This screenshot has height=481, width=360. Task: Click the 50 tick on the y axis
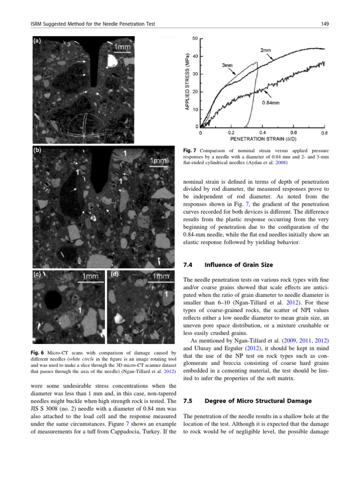click(x=195, y=38)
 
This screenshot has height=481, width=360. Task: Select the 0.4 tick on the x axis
click(x=262, y=132)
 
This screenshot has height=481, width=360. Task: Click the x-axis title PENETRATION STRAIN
click(x=254, y=139)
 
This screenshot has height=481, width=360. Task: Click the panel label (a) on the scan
click(x=37, y=41)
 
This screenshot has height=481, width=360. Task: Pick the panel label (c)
click(x=37, y=275)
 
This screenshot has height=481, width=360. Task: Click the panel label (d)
click(x=114, y=275)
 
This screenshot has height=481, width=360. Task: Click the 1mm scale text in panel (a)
click(x=123, y=47)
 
